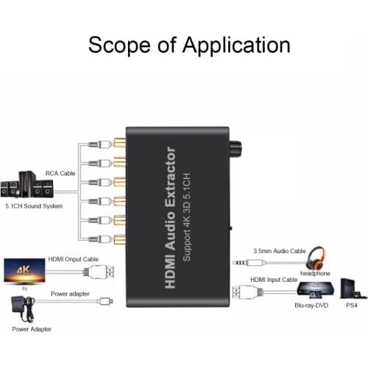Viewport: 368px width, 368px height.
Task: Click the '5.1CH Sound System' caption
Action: (33, 206)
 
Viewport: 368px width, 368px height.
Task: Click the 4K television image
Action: (27, 270)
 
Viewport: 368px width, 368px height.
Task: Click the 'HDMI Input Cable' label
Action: (274, 280)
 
